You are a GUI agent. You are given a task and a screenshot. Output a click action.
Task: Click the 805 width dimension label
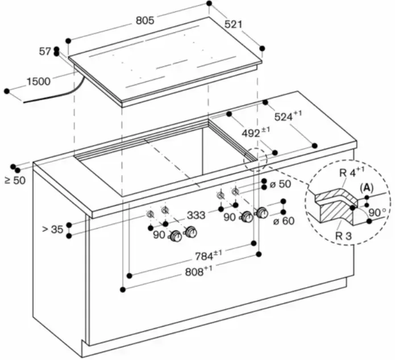click(x=145, y=20)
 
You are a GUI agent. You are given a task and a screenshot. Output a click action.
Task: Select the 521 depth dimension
click(x=234, y=24)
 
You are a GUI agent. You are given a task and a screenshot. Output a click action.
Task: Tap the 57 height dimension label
click(x=45, y=51)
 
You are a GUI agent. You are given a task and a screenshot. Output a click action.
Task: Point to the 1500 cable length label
click(x=38, y=81)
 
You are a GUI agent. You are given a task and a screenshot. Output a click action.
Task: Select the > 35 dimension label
click(x=53, y=230)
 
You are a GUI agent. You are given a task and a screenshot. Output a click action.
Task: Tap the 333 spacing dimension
click(x=196, y=216)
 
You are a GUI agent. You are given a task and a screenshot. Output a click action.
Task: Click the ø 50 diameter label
click(x=280, y=184)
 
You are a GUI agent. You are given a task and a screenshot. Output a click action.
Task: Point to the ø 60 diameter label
click(x=283, y=220)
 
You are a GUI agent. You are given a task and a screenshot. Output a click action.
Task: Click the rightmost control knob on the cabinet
click(x=262, y=213)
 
